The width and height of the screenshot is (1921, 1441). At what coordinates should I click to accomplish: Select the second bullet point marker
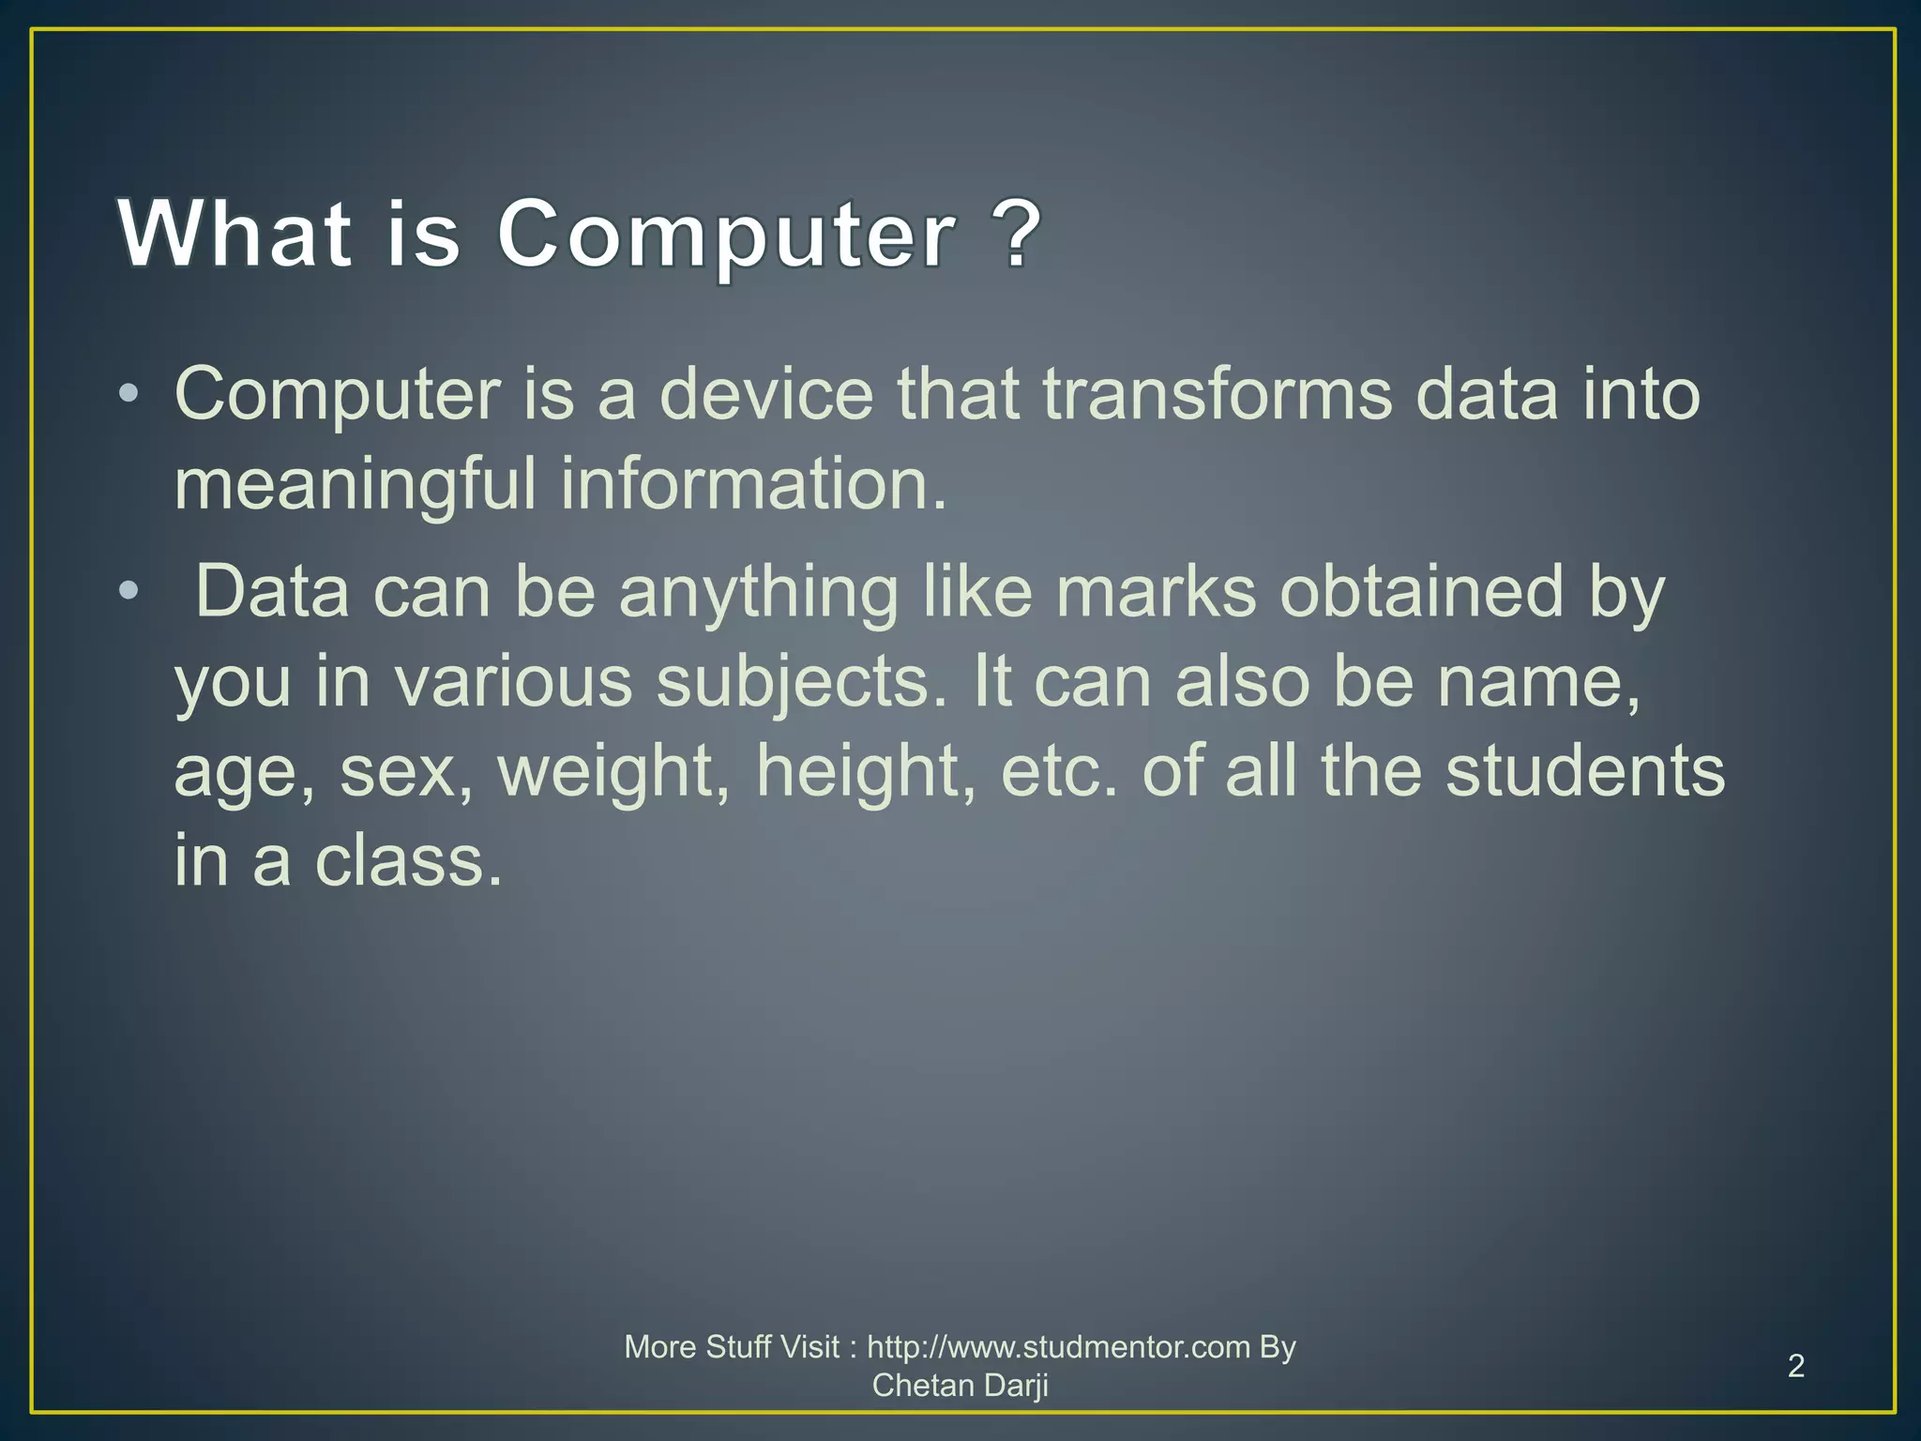point(129,591)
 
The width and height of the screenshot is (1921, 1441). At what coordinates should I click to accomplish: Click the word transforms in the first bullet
point(1217,394)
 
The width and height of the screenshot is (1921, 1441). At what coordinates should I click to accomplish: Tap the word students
point(1584,770)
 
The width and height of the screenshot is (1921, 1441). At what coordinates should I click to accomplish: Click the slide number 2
point(1795,1366)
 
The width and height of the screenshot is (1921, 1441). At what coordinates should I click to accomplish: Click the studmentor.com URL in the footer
point(1058,1347)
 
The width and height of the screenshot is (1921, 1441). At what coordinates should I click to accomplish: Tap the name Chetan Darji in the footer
point(960,1385)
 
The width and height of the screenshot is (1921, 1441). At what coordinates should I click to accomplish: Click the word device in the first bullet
point(765,394)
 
